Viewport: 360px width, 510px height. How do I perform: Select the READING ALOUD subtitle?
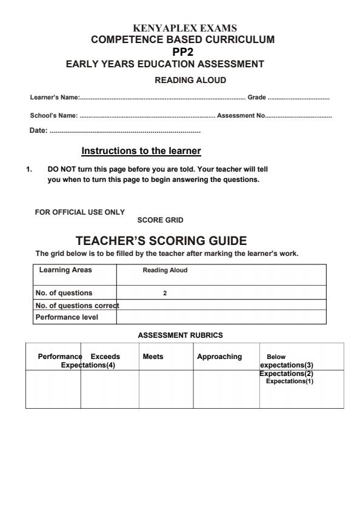click(190, 80)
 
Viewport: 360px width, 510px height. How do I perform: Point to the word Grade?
click(257, 98)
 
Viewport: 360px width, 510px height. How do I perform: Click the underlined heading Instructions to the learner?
click(141, 150)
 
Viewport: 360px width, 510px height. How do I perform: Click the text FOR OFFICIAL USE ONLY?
click(80, 212)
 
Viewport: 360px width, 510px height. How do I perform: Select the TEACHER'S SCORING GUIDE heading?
click(161, 241)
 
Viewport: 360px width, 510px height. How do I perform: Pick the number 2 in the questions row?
click(165, 293)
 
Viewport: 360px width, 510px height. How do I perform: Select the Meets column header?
click(153, 357)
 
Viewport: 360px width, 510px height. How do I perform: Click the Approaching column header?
click(219, 357)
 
